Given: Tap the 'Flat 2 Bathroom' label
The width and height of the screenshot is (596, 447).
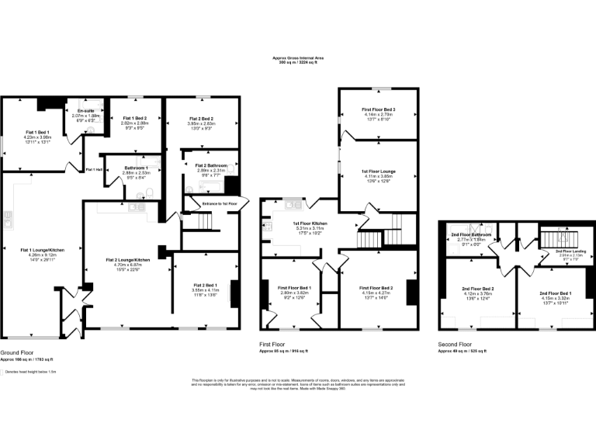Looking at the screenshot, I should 210,165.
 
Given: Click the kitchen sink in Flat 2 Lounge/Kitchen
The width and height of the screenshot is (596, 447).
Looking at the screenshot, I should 137,206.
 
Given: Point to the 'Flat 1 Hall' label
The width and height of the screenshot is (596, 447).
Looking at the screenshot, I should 94,170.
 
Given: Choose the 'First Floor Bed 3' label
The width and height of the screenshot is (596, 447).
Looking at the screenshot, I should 378,110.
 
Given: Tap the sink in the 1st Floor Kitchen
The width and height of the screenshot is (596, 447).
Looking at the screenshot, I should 293,206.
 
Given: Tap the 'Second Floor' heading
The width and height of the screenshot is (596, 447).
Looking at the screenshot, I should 456,344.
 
